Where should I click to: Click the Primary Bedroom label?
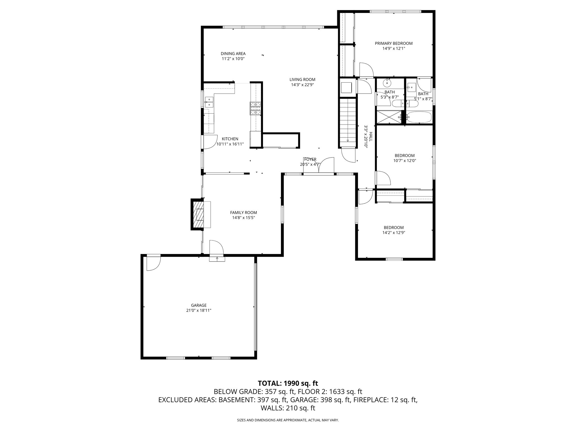pos(393,43)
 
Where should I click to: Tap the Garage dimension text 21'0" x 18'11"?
pos(199,310)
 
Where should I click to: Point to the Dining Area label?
pos(233,53)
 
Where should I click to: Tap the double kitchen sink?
pos(209,102)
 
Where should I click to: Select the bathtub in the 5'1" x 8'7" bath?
pos(419,117)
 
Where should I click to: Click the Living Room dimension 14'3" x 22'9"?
pos(302,85)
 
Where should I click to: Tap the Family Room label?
pos(243,213)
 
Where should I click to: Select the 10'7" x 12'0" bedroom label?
pos(404,156)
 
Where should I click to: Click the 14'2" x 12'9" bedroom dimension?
pos(393,233)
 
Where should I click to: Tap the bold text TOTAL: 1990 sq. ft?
pos(288,383)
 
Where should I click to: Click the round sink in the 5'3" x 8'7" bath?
pos(387,83)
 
